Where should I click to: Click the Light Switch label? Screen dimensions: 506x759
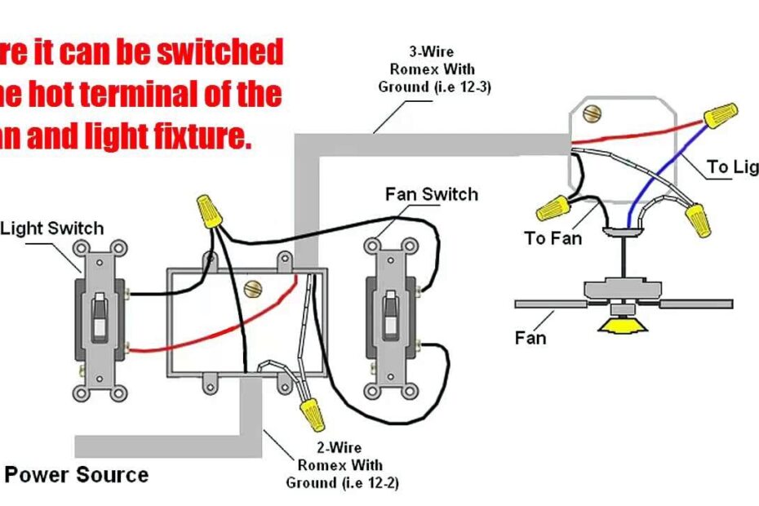tap(52, 229)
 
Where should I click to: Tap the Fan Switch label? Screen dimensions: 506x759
tap(431, 194)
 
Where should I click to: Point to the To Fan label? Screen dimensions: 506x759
tap(553, 238)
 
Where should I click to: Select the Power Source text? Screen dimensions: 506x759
tap(77, 474)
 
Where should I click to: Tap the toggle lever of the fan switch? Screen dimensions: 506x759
tap(389, 314)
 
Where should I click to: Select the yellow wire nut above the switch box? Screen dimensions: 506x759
tap(210, 211)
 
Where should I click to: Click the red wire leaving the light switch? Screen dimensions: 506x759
tap(163, 344)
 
